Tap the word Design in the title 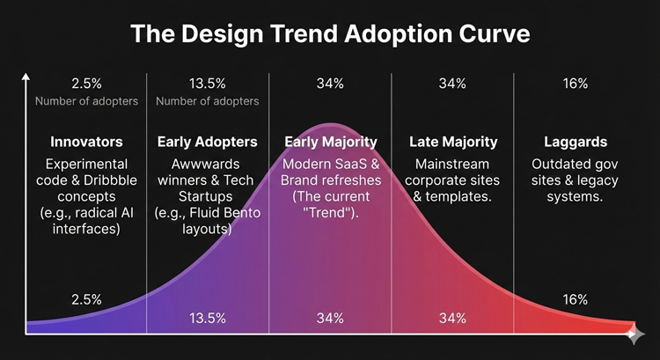[221, 34]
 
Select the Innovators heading [86, 142]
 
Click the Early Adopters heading [207, 142]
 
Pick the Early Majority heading [330, 142]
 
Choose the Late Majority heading [453, 142]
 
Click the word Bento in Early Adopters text [238, 214]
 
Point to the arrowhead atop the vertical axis [26, 77]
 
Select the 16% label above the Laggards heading [575, 84]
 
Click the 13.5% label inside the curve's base [207, 318]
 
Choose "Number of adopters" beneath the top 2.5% [86, 101]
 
